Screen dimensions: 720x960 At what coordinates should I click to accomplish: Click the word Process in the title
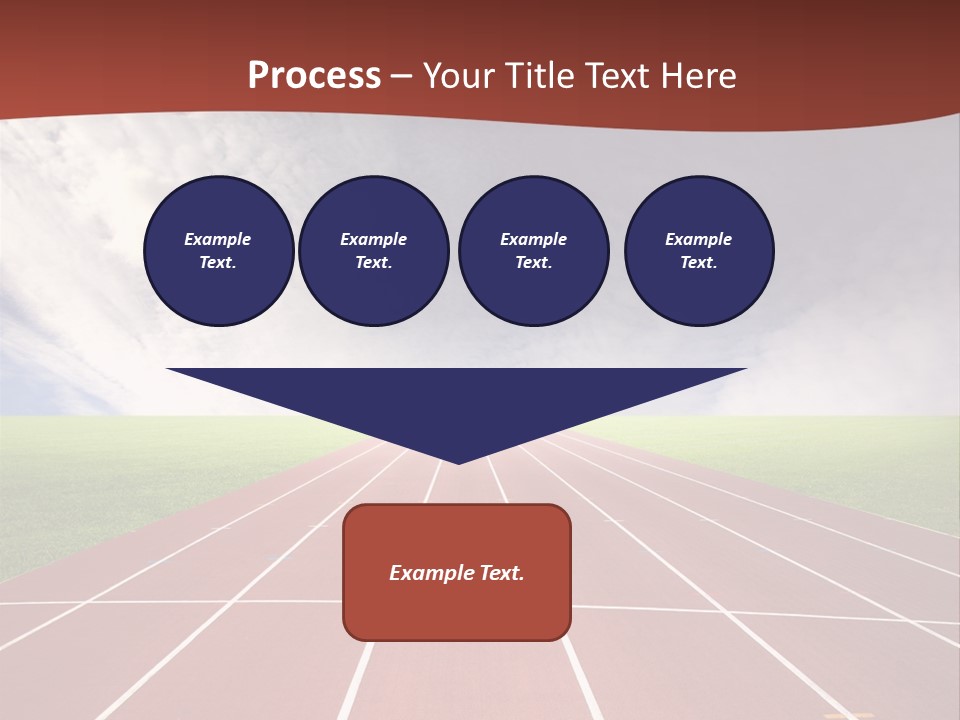[x=314, y=76]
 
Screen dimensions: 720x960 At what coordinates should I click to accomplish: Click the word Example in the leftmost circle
[x=218, y=239]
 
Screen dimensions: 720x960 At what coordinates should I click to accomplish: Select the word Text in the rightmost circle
[x=698, y=263]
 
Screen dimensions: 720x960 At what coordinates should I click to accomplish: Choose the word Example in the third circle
[x=533, y=239]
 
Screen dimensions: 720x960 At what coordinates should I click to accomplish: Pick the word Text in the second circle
[x=373, y=263]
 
